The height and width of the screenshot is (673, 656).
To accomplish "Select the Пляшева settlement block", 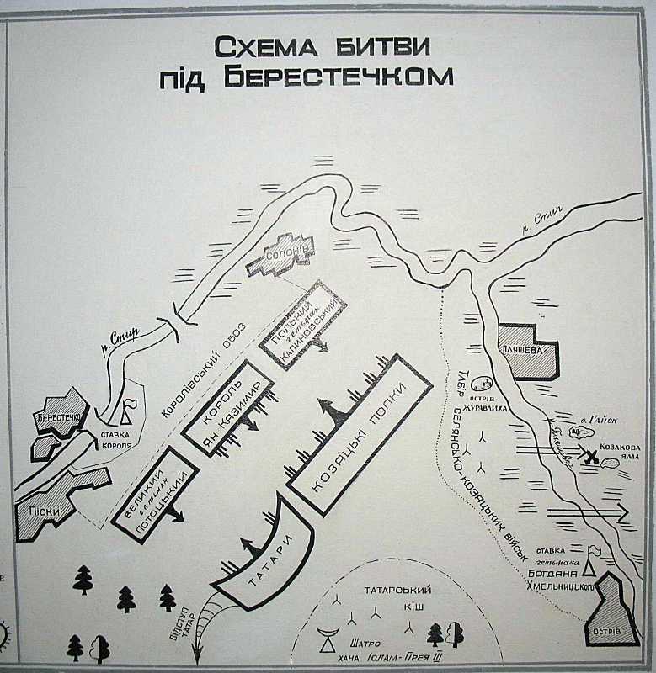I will click(526, 349).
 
